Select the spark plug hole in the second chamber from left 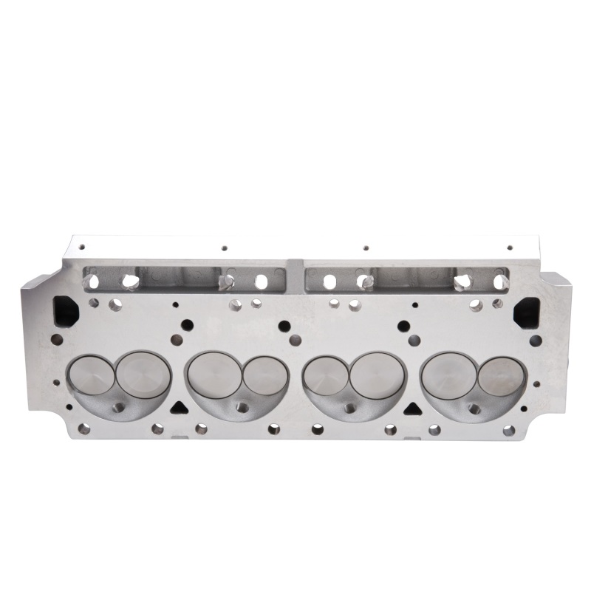(241, 406)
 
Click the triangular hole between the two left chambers (177, 406)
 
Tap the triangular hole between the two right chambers (412, 406)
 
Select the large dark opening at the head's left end (64, 310)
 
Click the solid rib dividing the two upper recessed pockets (295, 277)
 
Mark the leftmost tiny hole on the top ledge (82, 247)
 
